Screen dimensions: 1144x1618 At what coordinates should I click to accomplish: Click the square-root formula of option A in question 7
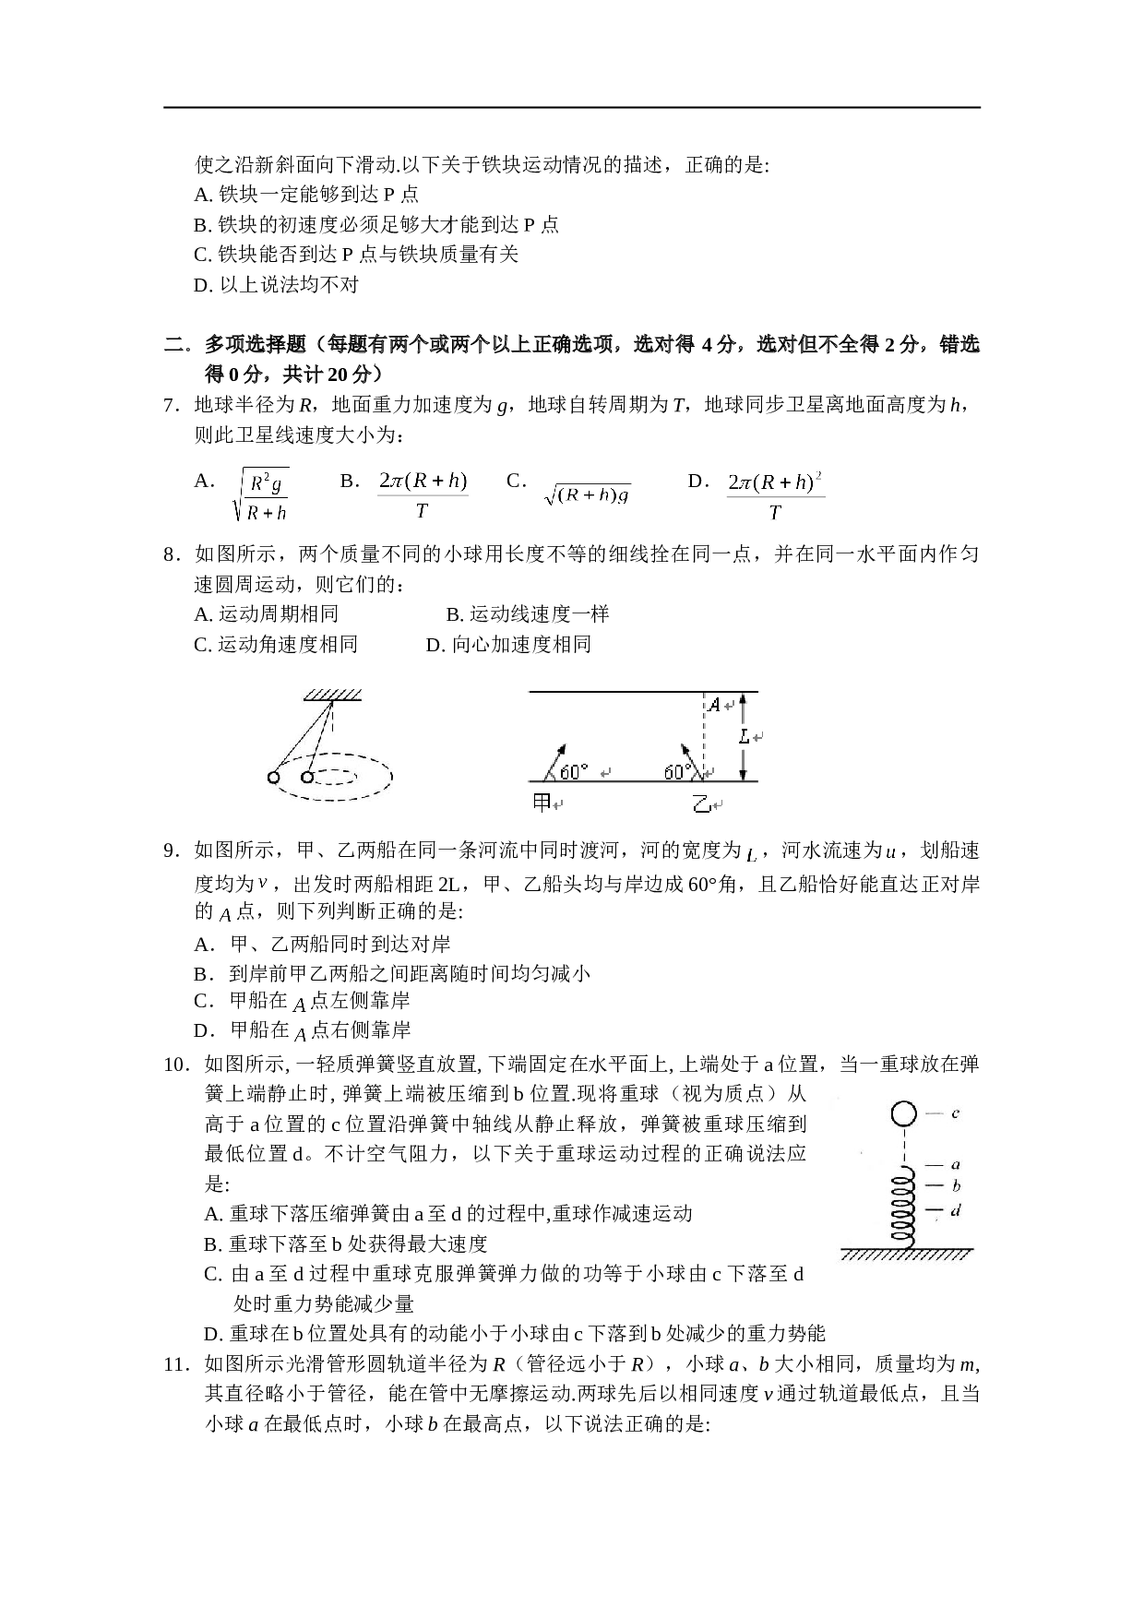click(x=261, y=495)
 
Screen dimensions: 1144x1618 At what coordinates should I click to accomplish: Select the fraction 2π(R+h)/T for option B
click(x=423, y=495)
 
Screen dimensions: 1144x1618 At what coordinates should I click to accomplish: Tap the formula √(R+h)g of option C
click(x=588, y=495)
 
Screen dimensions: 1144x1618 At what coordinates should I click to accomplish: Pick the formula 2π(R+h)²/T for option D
click(x=775, y=495)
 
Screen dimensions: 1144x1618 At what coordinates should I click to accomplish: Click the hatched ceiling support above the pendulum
click(x=333, y=695)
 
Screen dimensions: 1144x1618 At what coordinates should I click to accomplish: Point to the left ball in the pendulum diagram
click(x=274, y=777)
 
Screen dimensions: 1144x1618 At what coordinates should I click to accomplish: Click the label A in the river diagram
click(x=714, y=706)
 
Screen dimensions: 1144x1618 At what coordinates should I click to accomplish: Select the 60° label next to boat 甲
click(x=574, y=771)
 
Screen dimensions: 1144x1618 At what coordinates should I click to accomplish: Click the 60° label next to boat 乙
click(x=678, y=771)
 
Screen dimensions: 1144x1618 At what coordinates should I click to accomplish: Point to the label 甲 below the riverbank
click(x=542, y=803)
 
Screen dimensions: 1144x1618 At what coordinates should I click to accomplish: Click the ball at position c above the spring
click(x=904, y=1114)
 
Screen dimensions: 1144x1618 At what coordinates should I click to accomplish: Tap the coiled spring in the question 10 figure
click(x=904, y=1203)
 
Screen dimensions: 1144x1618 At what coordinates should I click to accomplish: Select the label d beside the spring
click(x=956, y=1209)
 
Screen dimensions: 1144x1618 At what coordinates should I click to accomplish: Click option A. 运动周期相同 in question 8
click(x=266, y=613)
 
